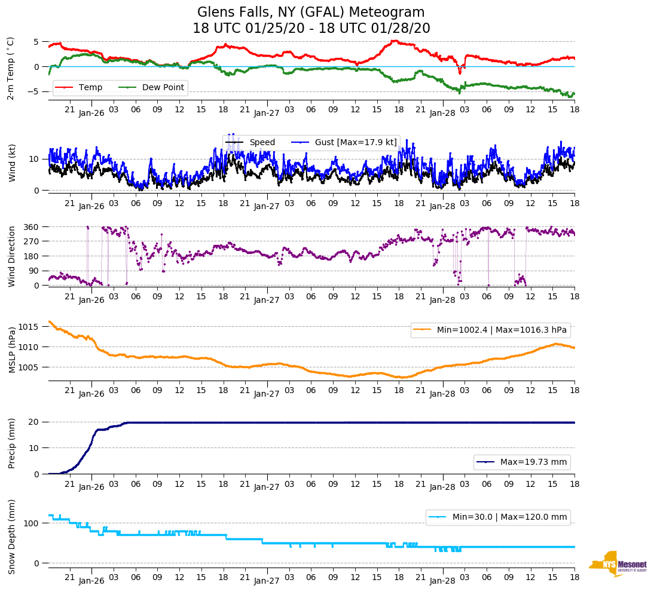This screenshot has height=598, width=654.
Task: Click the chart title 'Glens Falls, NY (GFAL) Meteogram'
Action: tap(311, 13)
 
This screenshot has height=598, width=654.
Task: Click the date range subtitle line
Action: tap(311, 29)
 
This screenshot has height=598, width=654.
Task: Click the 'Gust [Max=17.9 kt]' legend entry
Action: tap(356, 142)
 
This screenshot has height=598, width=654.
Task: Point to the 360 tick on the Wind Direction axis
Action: tap(32, 227)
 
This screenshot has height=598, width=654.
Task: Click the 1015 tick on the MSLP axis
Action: tap(30, 327)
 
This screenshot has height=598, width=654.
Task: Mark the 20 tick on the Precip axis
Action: tap(35, 422)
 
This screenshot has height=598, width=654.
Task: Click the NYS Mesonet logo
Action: tap(618, 564)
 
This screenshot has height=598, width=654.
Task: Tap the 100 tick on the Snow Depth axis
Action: tap(32, 523)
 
